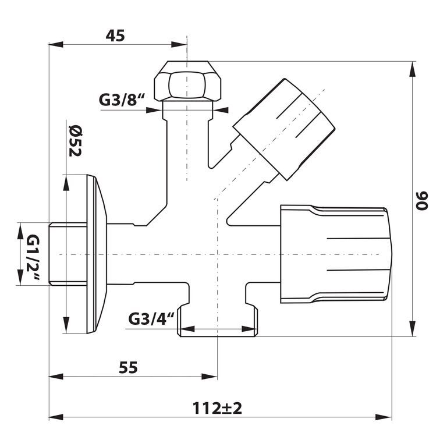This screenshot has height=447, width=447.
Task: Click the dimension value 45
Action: [x=115, y=36]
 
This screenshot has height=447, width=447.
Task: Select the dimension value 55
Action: [x=128, y=367]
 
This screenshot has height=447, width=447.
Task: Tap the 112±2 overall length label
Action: [x=217, y=408]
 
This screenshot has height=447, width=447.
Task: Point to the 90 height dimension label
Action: [x=422, y=201]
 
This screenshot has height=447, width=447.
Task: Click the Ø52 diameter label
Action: [x=75, y=141]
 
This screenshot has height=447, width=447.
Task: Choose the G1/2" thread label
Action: [x=34, y=257]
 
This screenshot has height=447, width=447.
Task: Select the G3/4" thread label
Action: [x=151, y=319]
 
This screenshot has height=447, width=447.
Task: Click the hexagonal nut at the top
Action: [x=187, y=81]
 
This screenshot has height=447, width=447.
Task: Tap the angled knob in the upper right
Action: [x=284, y=129]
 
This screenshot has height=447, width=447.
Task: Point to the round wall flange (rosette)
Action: [x=97, y=254]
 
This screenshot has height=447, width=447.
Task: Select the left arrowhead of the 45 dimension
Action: [x=56, y=44]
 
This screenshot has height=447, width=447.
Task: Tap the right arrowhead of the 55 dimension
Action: [x=210, y=377]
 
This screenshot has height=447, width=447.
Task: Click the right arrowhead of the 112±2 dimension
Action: [x=384, y=417]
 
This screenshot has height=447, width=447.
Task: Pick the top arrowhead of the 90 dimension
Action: [x=412, y=69]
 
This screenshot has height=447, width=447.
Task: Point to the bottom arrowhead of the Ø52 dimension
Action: [x=66, y=325]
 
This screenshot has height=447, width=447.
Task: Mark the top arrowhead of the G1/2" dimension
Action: [x=20, y=231]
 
